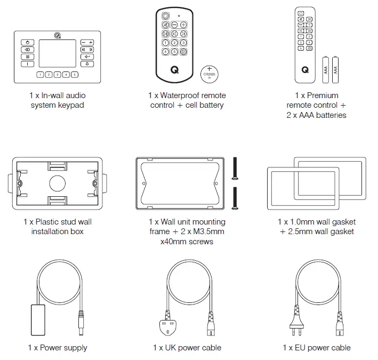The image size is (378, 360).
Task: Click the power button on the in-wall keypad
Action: click(27, 42)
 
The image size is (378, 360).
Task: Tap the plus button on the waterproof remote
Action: click(183, 25)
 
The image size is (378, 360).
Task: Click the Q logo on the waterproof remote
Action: click(174, 68)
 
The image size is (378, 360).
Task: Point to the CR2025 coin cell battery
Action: click(210, 73)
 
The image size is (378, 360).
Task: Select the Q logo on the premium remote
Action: click(304, 69)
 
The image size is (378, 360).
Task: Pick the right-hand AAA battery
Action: click(335, 69)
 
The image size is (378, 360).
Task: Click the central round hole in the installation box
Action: click(58, 183)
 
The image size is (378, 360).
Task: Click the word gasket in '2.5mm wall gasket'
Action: click(342, 231)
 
